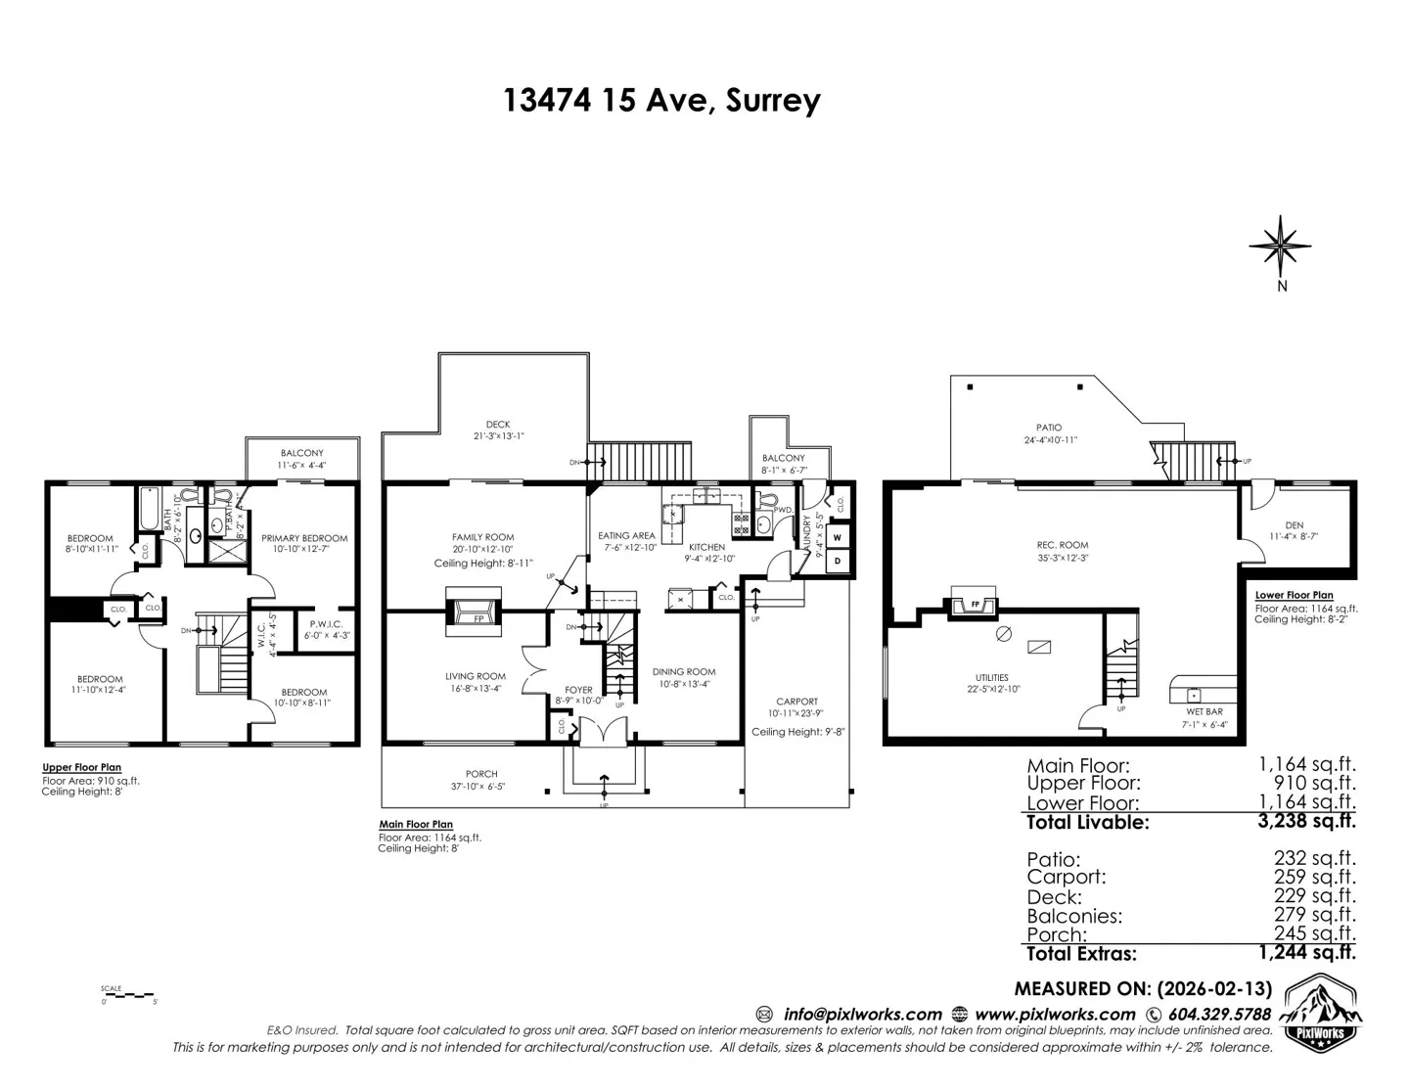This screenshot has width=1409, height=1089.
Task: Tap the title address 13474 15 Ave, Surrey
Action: pyautogui.click(x=661, y=100)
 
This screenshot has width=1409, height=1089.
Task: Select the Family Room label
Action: pyautogui.click(x=482, y=537)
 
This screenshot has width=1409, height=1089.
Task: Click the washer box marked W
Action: pyautogui.click(x=838, y=537)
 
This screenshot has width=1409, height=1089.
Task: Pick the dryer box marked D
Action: pyautogui.click(x=838, y=561)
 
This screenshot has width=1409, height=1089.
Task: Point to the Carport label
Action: pyautogui.click(x=796, y=702)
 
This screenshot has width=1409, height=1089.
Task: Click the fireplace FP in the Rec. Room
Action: pyautogui.click(x=975, y=605)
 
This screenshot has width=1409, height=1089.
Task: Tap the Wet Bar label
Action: pyautogui.click(x=1204, y=712)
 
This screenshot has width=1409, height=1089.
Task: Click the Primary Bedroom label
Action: pyautogui.click(x=304, y=538)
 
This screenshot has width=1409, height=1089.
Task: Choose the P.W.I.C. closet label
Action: pyautogui.click(x=325, y=623)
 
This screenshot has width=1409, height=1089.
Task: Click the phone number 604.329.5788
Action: pyautogui.click(x=1218, y=1015)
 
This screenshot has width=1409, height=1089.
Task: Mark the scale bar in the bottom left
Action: pyautogui.click(x=128, y=995)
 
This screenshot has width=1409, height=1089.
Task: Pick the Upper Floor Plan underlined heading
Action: pyautogui.click(x=81, y=768)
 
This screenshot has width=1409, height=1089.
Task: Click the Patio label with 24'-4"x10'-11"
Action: pyautogui.click(x=1049, y=428)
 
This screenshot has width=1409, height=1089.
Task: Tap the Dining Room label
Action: pyautogui.click(x=683, y=672)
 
